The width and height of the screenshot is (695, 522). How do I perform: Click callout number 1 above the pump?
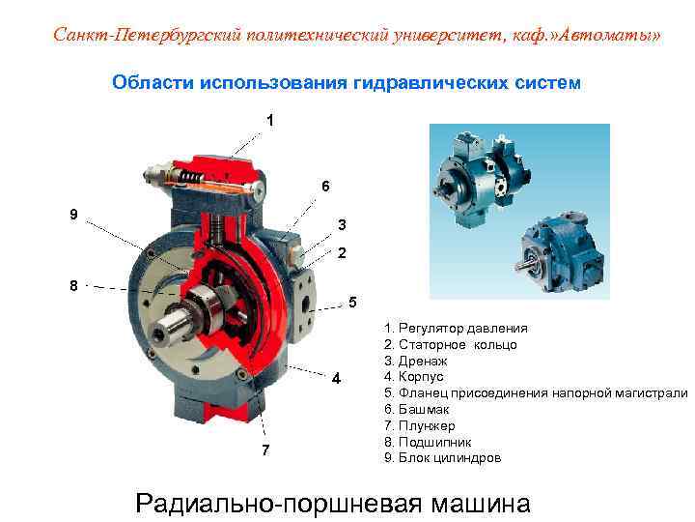click(x=270, y=120)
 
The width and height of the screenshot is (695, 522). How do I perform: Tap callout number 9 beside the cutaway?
click(x=74, y=215)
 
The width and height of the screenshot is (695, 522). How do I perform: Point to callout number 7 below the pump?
click(x=265, y=450)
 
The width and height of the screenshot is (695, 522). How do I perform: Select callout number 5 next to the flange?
click(x=352, y=303)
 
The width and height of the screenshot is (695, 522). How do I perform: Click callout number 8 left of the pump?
click(x=74, y=285)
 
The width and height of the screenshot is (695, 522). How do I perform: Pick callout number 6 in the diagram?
click(x=326, y=186)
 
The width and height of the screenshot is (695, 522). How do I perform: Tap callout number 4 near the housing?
click(x=337, y=379)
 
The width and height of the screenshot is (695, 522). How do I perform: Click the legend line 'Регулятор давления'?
click(x=456, y=329)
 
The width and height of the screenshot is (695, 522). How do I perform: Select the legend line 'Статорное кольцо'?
click(x=451, y=345)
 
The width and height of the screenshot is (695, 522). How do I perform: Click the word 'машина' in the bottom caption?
click(x=481, y=504)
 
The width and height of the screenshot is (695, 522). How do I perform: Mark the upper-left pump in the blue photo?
click(x=484, y=179)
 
